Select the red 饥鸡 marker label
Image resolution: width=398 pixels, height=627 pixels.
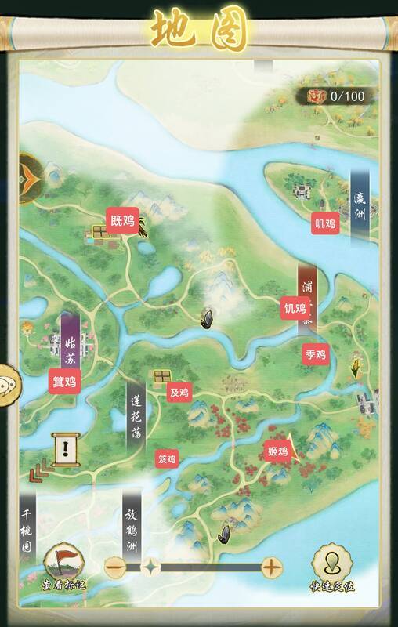[295, 309]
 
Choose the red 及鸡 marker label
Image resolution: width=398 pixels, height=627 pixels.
[179, 392]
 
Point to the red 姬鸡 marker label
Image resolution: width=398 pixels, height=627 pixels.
[278, 451]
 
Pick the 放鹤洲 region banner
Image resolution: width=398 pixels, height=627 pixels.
[132, 523]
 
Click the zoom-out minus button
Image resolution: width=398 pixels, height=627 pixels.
[116, 567]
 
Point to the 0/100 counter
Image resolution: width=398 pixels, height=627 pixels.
[338, 96]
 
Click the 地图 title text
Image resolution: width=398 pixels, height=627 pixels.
[199, 31]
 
